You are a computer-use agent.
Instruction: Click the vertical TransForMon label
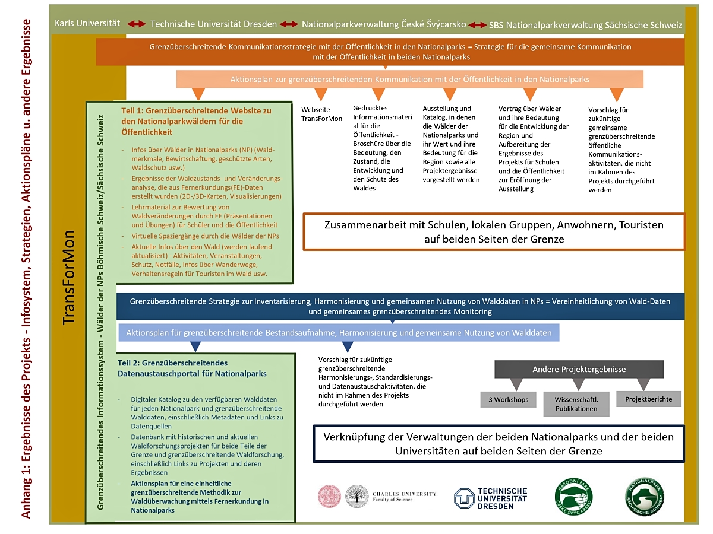click(69, 276)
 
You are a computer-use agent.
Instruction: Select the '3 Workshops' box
click(508, 400)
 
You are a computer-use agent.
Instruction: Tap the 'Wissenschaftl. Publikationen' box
click(576, 403)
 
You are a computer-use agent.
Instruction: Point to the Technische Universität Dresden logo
click(491, 498)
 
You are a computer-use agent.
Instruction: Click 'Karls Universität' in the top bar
click(87, 23)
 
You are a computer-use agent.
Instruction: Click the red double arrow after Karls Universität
click(136, 24)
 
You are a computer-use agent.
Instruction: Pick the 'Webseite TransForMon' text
click(321, 114)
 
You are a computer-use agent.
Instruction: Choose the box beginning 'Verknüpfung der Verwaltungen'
click(499, 443)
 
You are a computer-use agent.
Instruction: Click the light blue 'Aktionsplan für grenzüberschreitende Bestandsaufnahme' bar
click(339, 333)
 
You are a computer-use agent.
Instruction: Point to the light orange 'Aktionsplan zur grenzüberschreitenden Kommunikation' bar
click(409, 79)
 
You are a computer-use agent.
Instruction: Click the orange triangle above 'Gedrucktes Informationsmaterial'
click(378, 94)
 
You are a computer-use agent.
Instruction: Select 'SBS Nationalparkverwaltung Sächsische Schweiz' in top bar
click(585, 26)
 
